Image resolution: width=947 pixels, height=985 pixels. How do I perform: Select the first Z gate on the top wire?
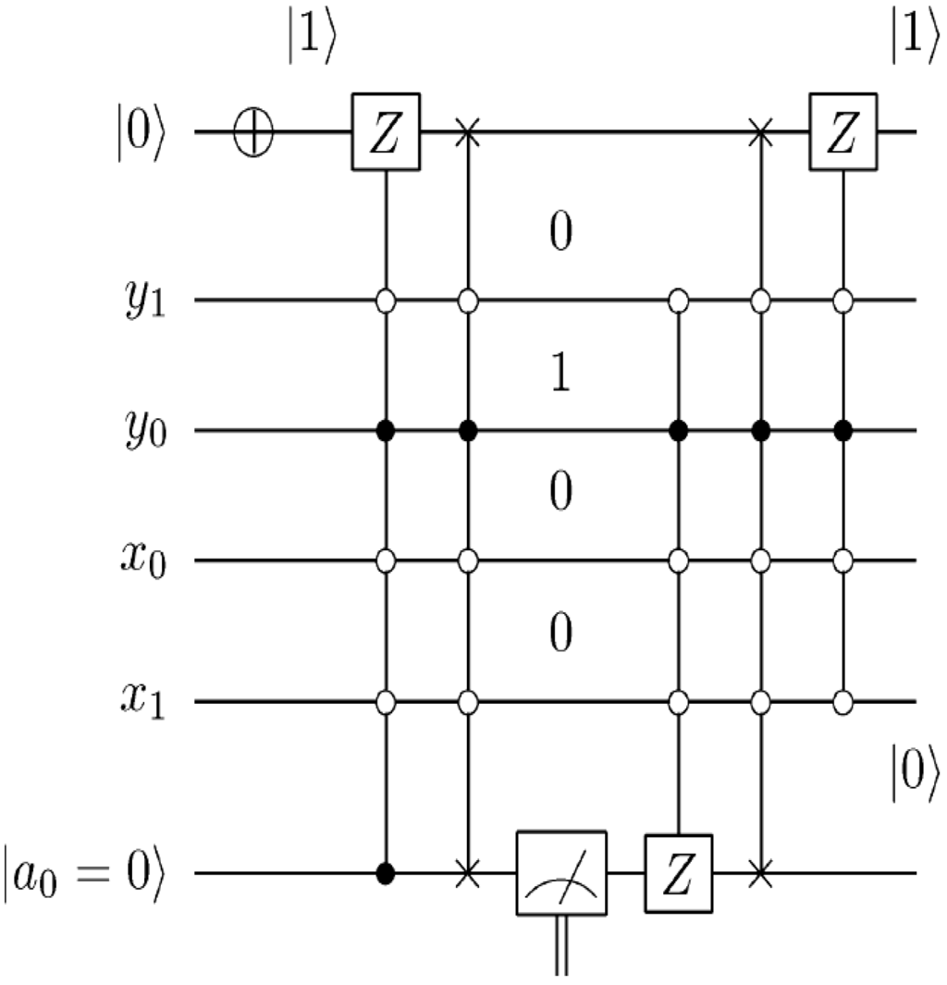[386, 132]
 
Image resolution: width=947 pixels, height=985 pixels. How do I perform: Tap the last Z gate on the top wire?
[842, 132]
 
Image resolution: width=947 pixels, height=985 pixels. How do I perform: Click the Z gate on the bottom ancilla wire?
[680, 873]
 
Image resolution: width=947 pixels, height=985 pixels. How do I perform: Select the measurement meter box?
[560, 873]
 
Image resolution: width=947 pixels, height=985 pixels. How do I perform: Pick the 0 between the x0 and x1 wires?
[560, 634]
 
